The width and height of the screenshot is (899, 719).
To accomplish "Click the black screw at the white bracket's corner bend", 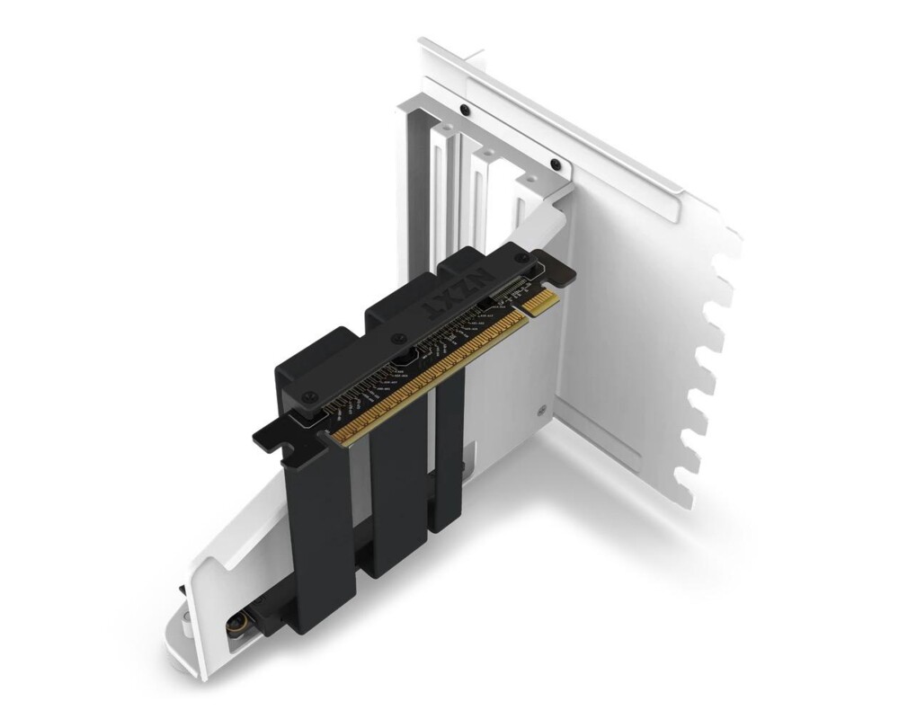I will (556, 164).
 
